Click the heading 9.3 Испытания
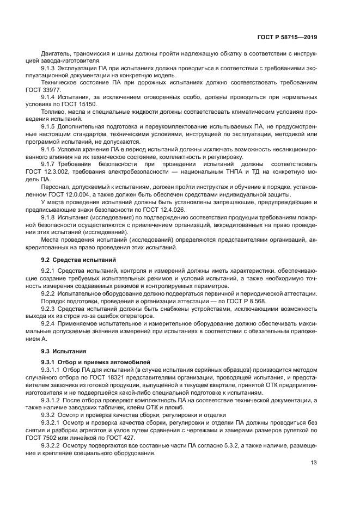pyautogui.click(x=60, y=351)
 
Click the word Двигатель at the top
pyautogui.click(x=56, y=53)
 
